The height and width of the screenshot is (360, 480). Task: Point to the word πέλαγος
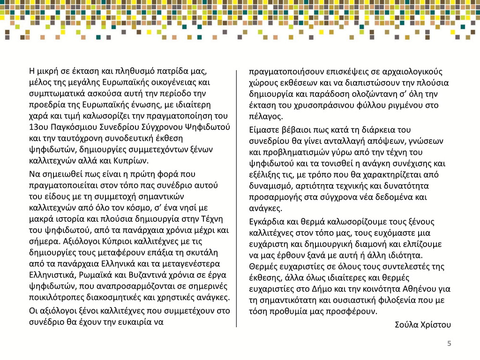click(x=265, y=117)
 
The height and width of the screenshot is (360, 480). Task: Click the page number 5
click(x=449, y=344)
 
